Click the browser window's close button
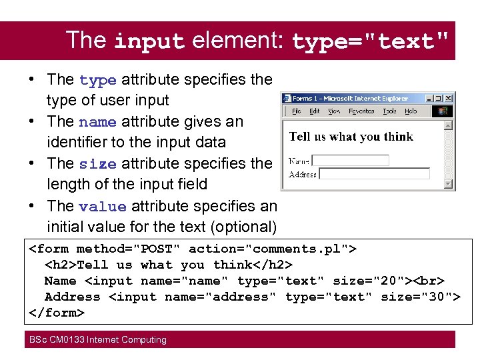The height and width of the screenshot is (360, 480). click(x=449, y=97)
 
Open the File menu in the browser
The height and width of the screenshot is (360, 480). click(x=296, y=111)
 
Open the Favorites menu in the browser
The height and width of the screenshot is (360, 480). click(x=361, y=111)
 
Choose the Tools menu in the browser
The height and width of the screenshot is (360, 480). click(x=390, y=111)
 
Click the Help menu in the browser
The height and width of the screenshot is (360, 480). click(x=411, y=111)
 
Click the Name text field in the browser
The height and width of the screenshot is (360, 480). click(x=350, y=161)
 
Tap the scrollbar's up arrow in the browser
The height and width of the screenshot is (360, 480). click(x=449, y=125)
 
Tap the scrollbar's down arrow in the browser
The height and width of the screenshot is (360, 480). click(x=449, y=184)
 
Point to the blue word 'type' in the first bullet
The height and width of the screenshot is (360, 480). click(x=98, y=80)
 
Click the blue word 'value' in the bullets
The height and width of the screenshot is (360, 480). click(x=102, y=207)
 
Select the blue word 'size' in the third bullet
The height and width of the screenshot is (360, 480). click(x=97, y=164)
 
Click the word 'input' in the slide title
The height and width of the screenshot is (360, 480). click(x=149, y=41)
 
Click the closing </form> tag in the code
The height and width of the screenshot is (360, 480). click(x=57, y=313)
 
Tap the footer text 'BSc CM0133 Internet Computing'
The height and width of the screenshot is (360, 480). click(x=97, y=339)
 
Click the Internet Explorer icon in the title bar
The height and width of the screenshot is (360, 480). click(x=288, y=98)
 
